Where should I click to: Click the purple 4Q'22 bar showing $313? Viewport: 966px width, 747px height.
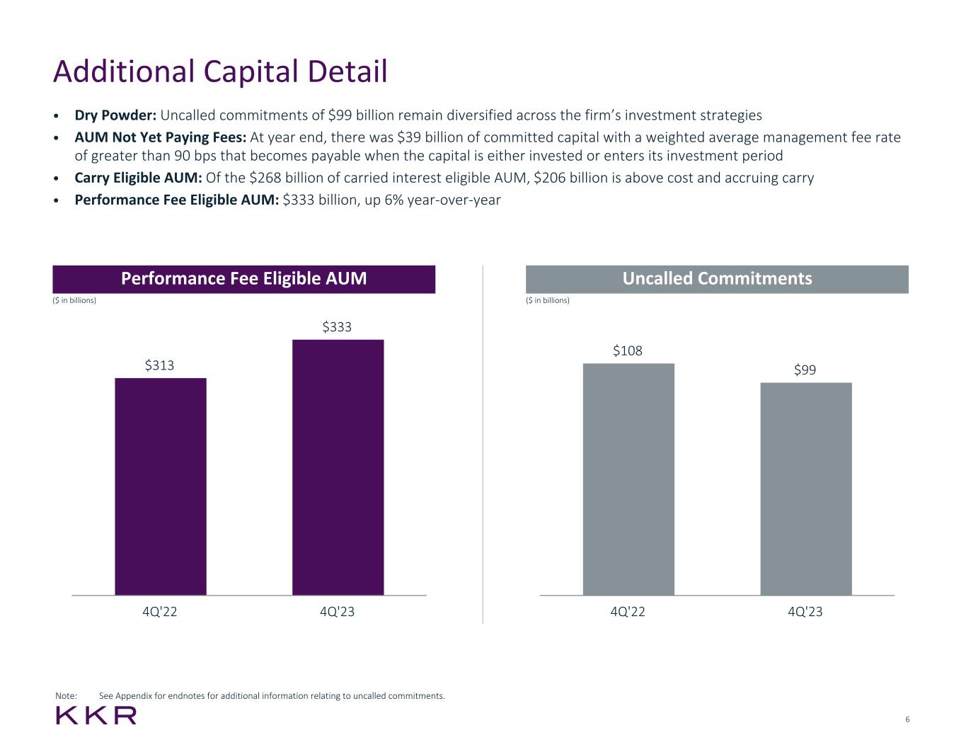point(161,486)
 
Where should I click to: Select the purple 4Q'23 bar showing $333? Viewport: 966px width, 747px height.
point(338,467)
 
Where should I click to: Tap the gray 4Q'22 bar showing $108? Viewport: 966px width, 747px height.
point(628,479)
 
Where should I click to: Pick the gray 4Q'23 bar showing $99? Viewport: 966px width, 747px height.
point(806,489)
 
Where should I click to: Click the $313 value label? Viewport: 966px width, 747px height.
point(160,365)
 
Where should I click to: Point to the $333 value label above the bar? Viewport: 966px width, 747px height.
point(337,327)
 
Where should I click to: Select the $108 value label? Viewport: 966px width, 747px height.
point(628,351)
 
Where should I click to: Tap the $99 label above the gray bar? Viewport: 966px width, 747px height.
point(805,370)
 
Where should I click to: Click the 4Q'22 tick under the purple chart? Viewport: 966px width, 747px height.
point(160,612)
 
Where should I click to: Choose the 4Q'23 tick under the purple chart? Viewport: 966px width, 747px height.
point(337,612)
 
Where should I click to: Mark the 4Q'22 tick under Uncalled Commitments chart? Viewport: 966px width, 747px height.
point(628,612)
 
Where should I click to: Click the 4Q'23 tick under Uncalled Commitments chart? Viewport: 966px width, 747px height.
point(805,612)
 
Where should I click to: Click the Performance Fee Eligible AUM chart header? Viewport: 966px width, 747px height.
point(243,279)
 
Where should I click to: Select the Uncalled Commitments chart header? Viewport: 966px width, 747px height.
point(717,279)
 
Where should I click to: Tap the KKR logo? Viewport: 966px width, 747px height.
point(96,715)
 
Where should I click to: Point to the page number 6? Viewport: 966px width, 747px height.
point(907,720)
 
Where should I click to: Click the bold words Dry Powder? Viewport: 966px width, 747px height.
point(115,115)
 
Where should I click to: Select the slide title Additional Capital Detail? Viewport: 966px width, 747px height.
point(220,72)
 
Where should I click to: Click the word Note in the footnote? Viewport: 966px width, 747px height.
point(66,696)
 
